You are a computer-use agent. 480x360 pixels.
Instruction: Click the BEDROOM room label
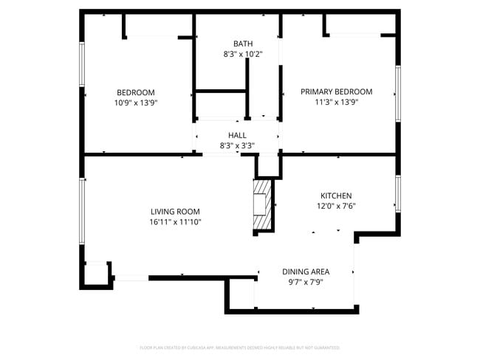[x=136, y=92]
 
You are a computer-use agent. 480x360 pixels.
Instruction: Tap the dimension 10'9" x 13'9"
[x=136, y=103]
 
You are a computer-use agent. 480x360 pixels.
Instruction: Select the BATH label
[x=243, y=44]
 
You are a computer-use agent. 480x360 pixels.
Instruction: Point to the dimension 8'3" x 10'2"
[x=243, y=55]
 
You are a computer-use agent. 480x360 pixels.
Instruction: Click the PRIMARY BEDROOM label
[x=336, y=91]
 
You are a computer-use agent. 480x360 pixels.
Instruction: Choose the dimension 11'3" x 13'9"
[x=336, y=103]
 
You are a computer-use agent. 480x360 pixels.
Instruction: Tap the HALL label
[x=237, y=135]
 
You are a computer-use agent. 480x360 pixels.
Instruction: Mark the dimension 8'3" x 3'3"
[x=237, y=146]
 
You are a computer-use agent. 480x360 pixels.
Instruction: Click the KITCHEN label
[x=335, y=195]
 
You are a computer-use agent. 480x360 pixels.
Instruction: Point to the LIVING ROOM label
[x=176, y=211]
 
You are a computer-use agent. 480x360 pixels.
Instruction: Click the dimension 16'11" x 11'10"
[x=176, y=222]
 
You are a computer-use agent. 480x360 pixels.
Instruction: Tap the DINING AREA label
[x=306, y=271]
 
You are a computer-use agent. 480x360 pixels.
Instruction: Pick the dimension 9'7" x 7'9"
[x=306, y=283]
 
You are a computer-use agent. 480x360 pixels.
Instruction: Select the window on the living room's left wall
[x=82, y=210]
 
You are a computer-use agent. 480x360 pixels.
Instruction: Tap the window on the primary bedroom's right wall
[x=397, y=94]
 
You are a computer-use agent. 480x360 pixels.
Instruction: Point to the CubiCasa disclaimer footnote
[x=240, y=347]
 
